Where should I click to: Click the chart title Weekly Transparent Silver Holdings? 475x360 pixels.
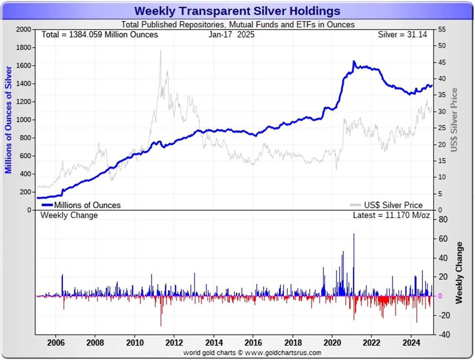click(237, 11)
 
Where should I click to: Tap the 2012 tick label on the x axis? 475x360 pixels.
click(174, 342)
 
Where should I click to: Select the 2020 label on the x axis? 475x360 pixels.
click(332, 342)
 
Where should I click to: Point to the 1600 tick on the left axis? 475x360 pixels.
click(23, 66)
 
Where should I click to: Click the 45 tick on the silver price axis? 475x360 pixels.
click(442, 63)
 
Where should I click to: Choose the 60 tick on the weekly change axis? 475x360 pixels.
click(443, 239)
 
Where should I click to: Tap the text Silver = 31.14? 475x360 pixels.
click(402, 35)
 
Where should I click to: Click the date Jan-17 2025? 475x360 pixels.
click(231, 35)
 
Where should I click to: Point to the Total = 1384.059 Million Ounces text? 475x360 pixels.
click(100, 35)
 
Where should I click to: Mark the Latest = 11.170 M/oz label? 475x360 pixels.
click(391, 215)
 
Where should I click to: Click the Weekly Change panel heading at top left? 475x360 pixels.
click(69, 215)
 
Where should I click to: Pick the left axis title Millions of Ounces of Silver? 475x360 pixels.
click(8, 120)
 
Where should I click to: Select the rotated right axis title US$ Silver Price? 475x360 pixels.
click(454, 120)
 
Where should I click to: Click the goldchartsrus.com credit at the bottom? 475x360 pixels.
click(252, 353)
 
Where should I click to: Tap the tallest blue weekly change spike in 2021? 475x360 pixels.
click(354, 235)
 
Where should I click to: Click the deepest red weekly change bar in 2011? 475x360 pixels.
click(161, 325)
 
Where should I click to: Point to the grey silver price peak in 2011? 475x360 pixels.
click(160, 51)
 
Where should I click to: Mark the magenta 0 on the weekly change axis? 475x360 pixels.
click(440, 296)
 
